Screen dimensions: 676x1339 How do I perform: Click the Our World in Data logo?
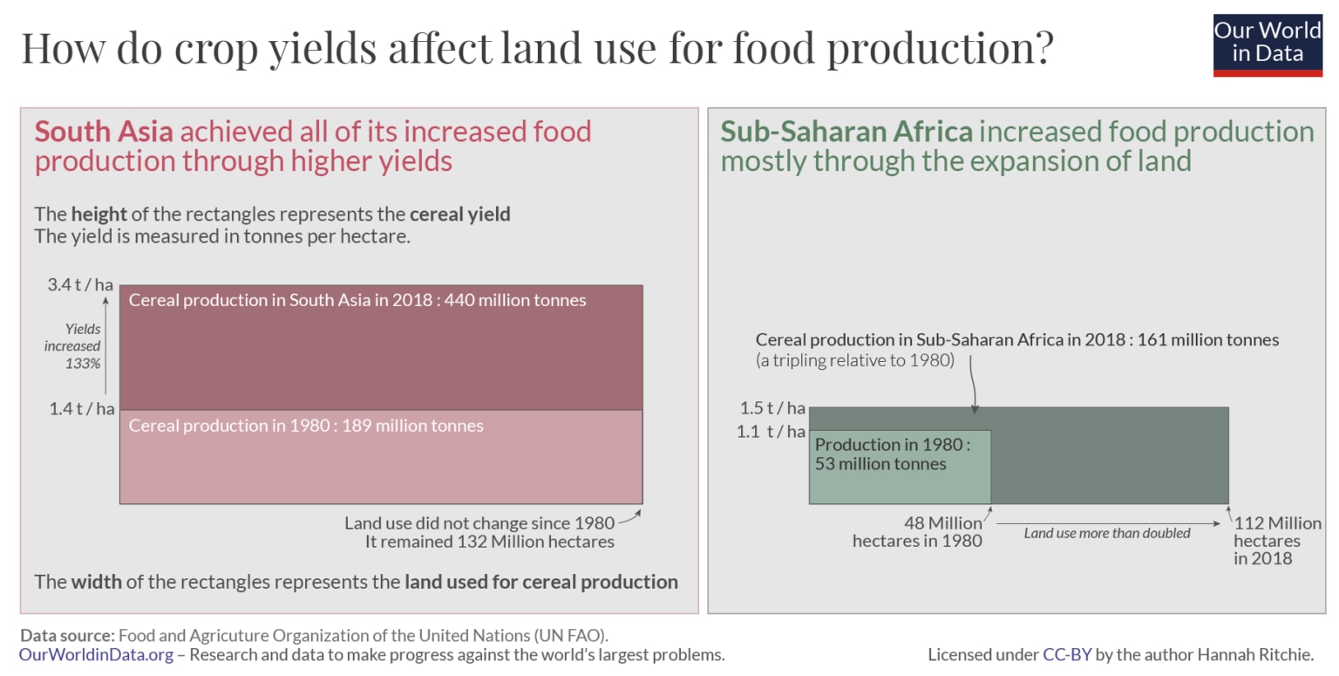(1268, 44)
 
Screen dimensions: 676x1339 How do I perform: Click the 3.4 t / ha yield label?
(81, 284)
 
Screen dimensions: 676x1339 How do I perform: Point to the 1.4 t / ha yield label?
(81, 407)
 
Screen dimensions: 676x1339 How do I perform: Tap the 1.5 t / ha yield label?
(772, 407)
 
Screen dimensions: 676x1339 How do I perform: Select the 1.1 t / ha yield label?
(772, 431)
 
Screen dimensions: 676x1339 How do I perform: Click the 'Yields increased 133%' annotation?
(72, 346)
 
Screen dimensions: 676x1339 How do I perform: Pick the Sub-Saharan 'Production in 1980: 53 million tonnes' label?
(892, 454)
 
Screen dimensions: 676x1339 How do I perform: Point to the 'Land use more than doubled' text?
(1106, 533)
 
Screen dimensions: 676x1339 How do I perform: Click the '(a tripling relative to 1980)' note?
(855, 359)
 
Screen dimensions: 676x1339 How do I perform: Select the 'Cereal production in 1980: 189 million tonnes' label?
(306, 426)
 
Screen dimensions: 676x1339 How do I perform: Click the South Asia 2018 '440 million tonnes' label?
(357, 300)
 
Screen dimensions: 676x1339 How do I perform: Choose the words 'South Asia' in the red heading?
(104, 132)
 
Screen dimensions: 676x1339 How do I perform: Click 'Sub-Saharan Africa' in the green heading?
(846, 132)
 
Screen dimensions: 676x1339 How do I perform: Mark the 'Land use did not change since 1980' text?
(479, 523)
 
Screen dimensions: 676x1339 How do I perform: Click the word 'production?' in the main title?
(941, 48)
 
